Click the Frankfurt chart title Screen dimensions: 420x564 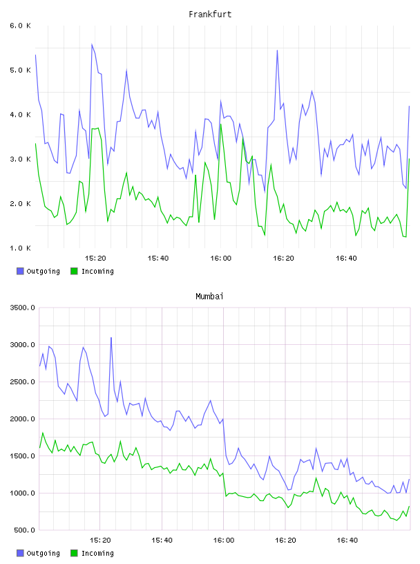click(x=210, y=15)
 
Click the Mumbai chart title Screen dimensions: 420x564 click(x=209, y=297)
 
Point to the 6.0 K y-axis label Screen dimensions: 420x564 click(x=20, y=26)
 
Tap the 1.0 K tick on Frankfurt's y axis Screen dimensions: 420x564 click(x=20, y=248)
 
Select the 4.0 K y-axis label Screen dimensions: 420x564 click(x=20, y=115)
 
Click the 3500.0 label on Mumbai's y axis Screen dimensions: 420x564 click(x=22, y=308)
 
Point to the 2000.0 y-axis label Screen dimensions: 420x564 click(x=22, y=419)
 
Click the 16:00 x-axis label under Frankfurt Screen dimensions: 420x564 click(x=221, y=258)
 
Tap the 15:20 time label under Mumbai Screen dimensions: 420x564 click(x=100, y=540)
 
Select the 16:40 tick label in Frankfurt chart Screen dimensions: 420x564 click(x=346, y=258)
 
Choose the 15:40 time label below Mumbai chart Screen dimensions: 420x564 click(x=162, y=540)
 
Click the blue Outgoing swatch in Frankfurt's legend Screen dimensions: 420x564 click(x=20, y=271)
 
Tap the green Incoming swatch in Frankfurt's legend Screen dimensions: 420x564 click(x=74, y=271)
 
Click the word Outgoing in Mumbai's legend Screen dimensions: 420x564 click(x=43, y=553)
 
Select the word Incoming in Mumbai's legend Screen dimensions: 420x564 click(x=97, y=553)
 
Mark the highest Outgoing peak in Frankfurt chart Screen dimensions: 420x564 click(x=92, y=44)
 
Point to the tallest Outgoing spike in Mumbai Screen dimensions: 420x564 click(x=111, y=337)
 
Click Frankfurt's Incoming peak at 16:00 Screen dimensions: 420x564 click(x=221, y=124)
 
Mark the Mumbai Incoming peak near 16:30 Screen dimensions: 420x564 click(x=316, y=478)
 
